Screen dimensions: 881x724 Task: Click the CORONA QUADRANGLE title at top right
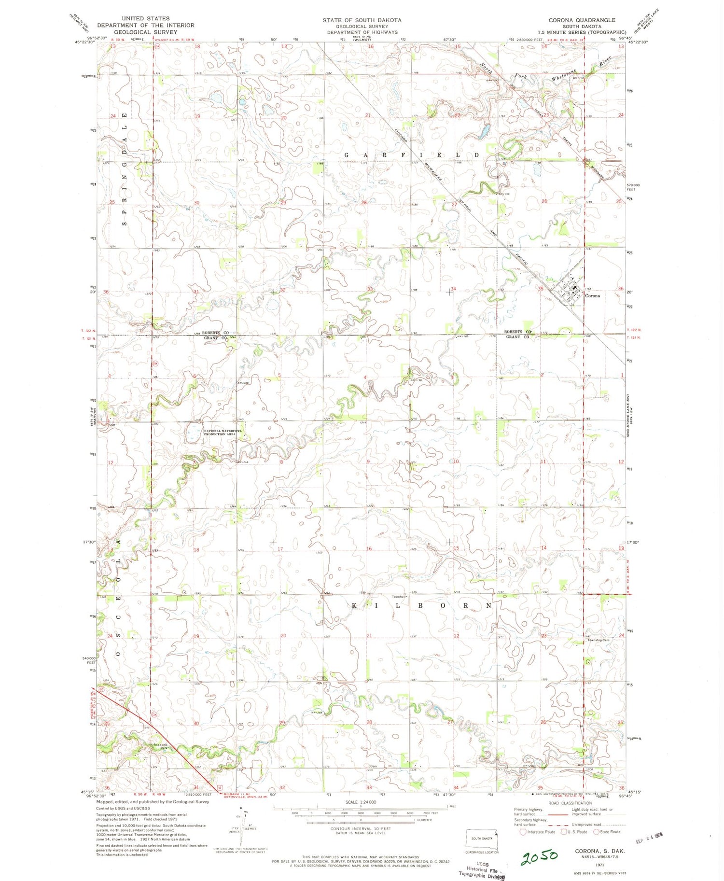click(x=582, y=20)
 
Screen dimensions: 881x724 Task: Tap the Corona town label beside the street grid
click(x=592, y=295)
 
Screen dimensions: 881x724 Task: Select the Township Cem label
click(x=599, y=640)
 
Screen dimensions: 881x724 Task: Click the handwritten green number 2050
click(x=540, y=856)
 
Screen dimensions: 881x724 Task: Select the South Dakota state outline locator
click(x=481, y=838)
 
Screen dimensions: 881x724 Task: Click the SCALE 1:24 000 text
click(x=361, y=802)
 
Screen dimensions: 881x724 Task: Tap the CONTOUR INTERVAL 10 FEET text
click(x=361, y=828)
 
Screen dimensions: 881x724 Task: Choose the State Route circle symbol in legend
click(x=597, y=832)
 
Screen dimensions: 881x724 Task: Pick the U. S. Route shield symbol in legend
click(x=563, y=832)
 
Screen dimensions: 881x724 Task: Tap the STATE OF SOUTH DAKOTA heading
click(x=362, y=20)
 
